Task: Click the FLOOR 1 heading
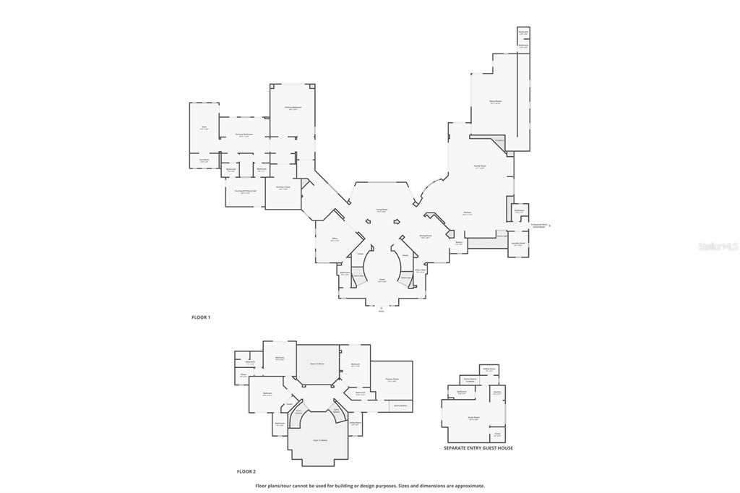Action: point(201,317)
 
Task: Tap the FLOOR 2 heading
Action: point(246,471)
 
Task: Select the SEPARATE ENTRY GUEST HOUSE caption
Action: point(478,448)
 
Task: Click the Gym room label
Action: point(205,127)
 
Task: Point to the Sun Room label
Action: point(205,160)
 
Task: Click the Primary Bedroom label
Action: point(293,108)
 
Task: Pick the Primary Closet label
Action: point(283,187)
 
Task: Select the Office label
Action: point(335,238)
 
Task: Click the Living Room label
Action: point(381,210)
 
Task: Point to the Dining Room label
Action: point(426,236)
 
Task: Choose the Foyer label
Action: point(382,280)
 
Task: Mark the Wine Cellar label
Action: point(420,270)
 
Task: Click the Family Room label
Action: point(480,166)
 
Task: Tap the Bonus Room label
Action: point(495,102)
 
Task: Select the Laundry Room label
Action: point(519,244)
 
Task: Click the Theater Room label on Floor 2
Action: point(392,380)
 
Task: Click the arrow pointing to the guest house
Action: point(550,226)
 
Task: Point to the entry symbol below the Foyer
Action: point(382,309)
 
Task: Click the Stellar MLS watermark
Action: point(718,246)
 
